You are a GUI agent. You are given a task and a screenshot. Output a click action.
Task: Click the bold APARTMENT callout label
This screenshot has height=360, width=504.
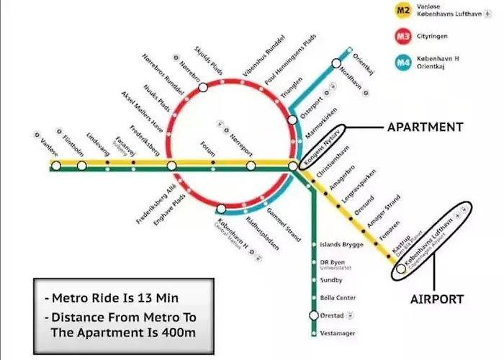pos(425,127)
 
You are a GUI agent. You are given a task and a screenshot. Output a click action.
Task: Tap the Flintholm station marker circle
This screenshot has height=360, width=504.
pos(82,166)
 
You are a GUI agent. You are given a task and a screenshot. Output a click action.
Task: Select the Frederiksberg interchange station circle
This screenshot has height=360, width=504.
pos(171,166)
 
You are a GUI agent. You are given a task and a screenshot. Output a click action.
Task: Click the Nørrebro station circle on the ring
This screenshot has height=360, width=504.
pos(203,87)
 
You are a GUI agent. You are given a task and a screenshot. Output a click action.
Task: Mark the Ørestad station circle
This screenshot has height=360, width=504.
pos(314,315)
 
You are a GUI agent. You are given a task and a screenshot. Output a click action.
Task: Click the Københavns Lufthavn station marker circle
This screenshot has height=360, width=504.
pos(400,271)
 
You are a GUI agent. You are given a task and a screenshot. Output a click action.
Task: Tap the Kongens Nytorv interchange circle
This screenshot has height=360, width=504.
pos(294,166)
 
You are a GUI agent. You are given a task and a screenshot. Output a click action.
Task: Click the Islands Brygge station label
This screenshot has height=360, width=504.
pos(341,244)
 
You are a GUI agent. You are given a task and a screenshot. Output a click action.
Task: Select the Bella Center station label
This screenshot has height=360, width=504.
pos(337,297)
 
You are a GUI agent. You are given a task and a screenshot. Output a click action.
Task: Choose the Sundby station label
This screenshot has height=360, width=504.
pos(331,280)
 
